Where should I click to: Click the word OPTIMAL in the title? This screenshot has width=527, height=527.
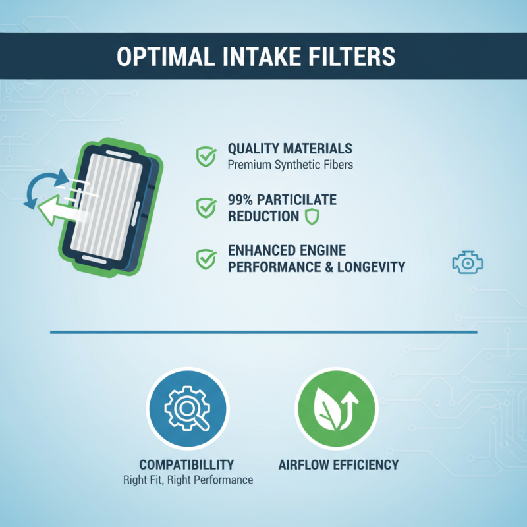[156, 57]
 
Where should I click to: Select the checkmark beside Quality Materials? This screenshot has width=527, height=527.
[206, 156]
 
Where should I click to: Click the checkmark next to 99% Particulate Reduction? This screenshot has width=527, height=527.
[206, 208]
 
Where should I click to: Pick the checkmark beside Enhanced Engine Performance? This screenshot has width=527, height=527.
[206, 258]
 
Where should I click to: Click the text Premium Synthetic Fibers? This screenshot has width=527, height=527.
[290, 165]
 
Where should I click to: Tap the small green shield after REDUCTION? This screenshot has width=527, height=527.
[312, 217]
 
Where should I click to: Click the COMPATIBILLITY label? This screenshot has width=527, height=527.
[186, 464]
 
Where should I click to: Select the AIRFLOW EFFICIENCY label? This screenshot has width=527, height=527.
[338, 464]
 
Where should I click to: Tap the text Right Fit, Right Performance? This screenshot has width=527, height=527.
[188, 480]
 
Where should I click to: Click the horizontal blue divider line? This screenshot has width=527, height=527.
[263, 331]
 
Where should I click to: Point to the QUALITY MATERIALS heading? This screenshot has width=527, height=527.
[290, 149]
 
